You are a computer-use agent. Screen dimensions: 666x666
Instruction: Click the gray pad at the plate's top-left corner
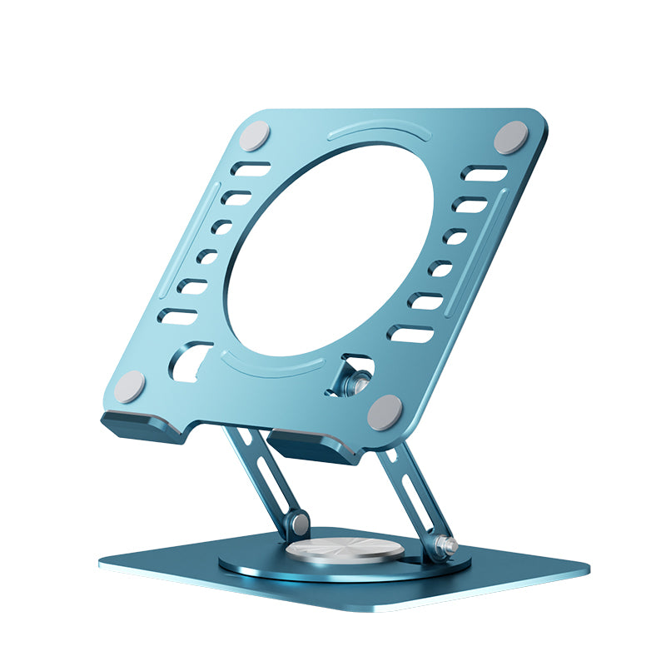255,136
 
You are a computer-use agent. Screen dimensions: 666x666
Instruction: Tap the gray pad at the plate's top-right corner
510,137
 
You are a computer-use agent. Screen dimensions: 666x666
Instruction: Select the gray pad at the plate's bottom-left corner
129,385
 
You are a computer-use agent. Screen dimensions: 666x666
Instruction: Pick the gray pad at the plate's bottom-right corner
385,411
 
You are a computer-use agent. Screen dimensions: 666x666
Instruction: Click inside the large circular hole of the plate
329,250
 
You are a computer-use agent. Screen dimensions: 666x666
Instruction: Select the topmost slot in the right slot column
485,174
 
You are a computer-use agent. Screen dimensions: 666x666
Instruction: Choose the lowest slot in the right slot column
411,334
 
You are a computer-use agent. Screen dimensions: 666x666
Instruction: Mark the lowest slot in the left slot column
178,316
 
